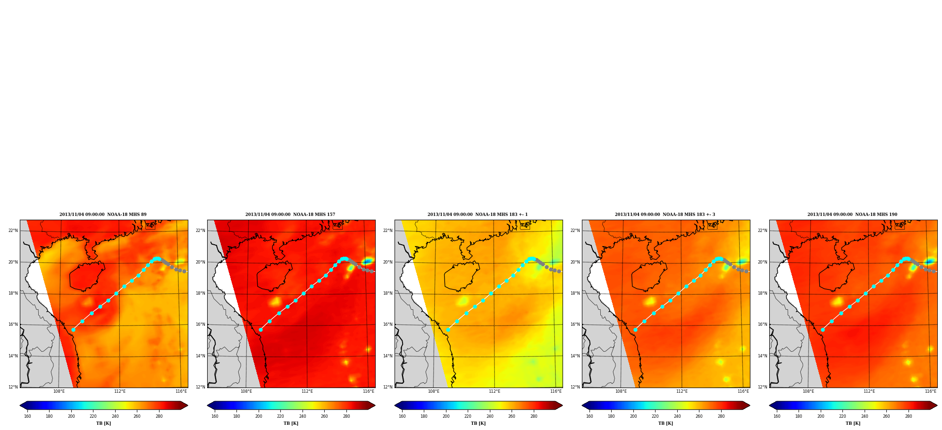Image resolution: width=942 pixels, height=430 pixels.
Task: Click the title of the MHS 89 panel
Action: (103, 215)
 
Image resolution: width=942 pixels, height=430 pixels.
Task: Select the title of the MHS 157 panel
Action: (290, 215)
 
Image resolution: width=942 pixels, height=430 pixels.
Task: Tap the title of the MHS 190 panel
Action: (852, 215)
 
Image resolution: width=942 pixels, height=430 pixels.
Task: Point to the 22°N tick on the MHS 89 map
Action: (13, 231)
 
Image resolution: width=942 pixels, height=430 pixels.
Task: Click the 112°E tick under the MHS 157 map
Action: (307, 391)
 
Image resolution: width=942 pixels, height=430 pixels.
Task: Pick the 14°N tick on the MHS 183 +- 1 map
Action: (388, 356)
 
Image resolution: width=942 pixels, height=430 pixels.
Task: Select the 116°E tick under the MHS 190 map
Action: (931, 391)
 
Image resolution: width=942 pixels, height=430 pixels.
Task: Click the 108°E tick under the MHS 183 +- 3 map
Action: (621, 391)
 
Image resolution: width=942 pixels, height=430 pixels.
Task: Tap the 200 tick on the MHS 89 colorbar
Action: (71, 416)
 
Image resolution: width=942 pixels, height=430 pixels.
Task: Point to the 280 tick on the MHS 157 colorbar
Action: (346, 416)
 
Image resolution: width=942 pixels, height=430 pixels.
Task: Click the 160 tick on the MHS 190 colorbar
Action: (777, 416)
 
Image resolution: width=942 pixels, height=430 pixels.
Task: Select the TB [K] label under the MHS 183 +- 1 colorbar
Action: (478, 423)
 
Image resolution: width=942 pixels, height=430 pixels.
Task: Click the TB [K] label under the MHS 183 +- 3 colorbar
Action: (665, 423)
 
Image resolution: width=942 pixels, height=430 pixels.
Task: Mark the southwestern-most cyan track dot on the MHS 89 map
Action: (73, 330)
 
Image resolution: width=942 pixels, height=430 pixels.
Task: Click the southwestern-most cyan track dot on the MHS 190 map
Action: (823, 330)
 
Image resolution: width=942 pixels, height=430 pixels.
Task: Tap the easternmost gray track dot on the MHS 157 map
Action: (371, 272)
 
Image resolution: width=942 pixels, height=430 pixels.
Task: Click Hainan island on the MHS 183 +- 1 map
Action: (462, 276)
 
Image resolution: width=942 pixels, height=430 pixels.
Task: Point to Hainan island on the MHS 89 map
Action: (87, 276)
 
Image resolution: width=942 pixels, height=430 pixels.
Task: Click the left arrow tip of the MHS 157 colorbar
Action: (208, 405)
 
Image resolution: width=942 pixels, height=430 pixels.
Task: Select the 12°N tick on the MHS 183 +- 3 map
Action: (575, 387)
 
